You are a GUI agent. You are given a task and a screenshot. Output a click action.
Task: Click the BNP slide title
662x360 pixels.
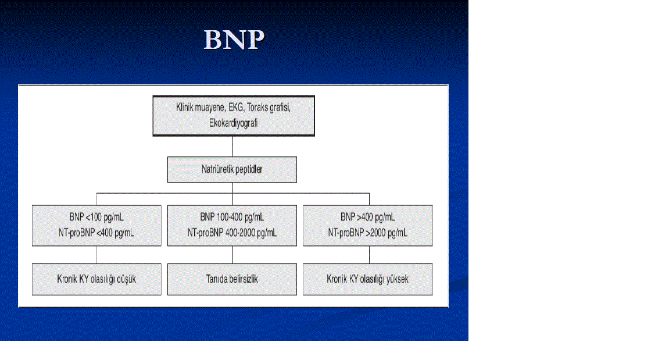(234, 40)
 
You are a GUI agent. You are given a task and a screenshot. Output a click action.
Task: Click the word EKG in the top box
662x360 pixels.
(235, 108)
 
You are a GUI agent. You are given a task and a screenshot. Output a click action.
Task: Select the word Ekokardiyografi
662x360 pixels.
(233, 123)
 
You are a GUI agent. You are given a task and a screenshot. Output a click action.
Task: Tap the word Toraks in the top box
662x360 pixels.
(257, 108)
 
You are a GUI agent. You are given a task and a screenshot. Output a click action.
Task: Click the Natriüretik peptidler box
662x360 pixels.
(232, 169)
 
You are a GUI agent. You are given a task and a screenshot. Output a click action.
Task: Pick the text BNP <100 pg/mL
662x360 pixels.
(96, 217)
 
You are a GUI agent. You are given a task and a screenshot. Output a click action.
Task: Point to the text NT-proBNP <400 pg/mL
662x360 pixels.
(96, 233)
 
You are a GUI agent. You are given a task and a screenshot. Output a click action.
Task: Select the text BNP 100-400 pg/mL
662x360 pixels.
(232, 217)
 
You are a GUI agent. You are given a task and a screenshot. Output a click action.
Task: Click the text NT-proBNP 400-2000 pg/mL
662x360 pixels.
(232, 233)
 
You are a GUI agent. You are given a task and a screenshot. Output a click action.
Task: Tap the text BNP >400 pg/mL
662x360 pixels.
(368, 217)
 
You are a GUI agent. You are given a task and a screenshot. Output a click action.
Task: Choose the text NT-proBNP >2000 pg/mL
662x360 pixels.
(368, 233)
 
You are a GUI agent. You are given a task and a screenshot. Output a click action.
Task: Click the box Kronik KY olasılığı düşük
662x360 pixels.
(96, 279)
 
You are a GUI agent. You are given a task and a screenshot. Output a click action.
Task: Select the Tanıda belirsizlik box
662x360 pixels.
(232, 279)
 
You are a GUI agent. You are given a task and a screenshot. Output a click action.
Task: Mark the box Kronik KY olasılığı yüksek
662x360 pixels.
(368, 279)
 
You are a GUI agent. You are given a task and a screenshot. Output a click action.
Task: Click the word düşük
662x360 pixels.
(126, 279)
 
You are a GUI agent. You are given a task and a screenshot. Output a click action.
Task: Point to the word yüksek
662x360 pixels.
(398, 279)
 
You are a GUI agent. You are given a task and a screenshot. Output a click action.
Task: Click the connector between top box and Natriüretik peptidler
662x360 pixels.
(232, 147)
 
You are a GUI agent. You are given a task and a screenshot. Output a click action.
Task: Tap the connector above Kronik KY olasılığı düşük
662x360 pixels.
(96, 255)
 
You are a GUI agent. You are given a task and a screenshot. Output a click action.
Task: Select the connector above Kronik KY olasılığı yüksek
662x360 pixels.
(370, 255)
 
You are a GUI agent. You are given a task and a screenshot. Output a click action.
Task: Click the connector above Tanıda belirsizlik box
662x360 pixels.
(232, 255)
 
